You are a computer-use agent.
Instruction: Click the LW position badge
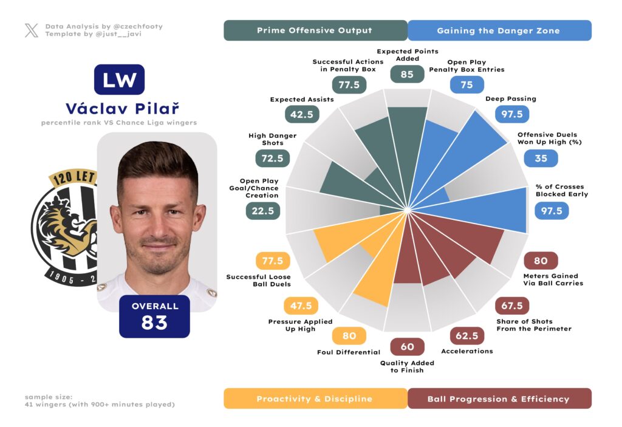(x=119, y=80)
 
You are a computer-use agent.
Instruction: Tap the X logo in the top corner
(x=32, y=30)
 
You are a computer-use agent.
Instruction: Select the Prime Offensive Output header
(x=315, y=30)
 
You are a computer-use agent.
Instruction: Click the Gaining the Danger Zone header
(x=499, y=30)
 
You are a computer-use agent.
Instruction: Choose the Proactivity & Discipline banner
(x=315, y=398)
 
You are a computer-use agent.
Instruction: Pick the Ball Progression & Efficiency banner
(x=499, y=398)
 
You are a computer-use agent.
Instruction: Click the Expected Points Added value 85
(x=407, y=74)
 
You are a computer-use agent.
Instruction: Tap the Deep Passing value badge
(x=513, y=114)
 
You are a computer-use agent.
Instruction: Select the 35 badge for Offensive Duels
(x=541, y=159)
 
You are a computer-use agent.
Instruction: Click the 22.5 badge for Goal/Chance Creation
(x=263, y=211)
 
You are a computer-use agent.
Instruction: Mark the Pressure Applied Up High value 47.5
(x=302, y=306)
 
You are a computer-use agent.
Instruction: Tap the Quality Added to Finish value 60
(x=407, y=347)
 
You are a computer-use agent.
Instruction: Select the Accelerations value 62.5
(x=466, y=335)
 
